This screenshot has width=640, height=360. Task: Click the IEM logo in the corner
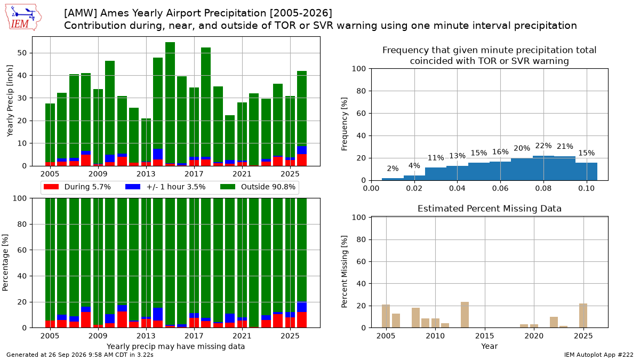coord(23,18)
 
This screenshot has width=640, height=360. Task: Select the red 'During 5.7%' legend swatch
coord(51,187)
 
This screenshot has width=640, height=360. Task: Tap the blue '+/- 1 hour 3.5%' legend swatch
coord(133,187)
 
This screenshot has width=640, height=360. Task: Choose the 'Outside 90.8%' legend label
coord(268,187)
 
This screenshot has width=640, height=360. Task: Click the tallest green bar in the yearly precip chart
coord(170,102)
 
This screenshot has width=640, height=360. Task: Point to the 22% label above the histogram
coord(543,146)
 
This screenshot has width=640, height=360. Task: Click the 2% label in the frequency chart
coord(393,169)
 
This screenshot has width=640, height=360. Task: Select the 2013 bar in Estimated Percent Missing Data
coord(465,315)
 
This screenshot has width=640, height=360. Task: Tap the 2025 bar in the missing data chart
coord(583,316)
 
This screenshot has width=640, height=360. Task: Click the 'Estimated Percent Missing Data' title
coord(490,209)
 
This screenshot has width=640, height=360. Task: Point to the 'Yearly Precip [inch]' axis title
coord(10,101)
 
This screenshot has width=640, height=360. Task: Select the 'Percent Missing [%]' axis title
coord(345,271)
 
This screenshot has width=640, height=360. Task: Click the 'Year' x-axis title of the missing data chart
coord(490,346)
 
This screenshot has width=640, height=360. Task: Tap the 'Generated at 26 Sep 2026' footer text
coord(46,355)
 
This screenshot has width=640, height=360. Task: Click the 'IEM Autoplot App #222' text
coord(598,355)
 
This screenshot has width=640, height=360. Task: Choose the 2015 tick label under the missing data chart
coord(485,335)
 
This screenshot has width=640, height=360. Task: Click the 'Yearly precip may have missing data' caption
coord(175,347)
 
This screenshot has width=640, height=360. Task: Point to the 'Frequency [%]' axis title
coord(345,124)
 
